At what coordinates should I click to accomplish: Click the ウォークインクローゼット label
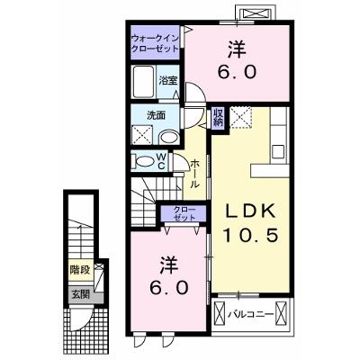coord(156,43)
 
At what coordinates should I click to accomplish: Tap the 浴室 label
coord(168,80)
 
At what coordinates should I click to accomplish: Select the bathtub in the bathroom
coord(144,82)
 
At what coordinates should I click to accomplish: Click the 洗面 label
coord(156,115)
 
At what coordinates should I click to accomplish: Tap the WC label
coord(161,161)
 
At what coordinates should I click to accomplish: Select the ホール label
coord(195,174)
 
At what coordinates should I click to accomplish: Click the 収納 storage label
coord(218,117)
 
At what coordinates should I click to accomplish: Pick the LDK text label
coord(250,211)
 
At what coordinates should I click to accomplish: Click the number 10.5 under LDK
coord(250,235)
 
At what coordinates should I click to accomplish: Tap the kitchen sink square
coord(278,151)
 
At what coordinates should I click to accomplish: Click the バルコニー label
coord(251,314)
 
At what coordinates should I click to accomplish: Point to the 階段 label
coord(80,270)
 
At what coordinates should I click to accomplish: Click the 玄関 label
coord(80,294)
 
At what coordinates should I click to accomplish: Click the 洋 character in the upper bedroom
coord(237,49)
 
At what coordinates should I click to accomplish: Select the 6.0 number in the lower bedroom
coord(169,289)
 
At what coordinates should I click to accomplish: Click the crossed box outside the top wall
coord(256,13)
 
